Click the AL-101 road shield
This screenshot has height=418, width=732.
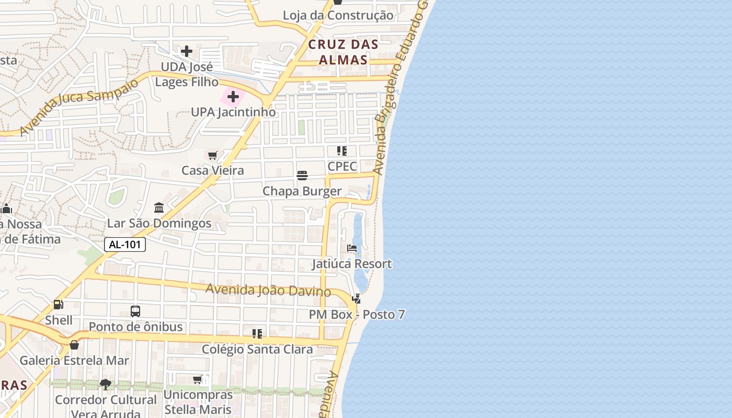125,245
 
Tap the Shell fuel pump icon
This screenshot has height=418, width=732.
59,304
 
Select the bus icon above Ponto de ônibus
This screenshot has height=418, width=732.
135,311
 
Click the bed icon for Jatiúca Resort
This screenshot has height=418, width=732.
352,248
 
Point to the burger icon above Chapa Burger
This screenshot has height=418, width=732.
302,176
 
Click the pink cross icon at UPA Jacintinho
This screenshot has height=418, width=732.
233,97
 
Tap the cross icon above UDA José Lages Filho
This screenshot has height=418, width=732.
187,51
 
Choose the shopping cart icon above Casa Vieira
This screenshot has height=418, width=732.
212,155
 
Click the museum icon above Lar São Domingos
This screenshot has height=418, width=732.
159,208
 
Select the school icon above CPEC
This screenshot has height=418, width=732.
342,151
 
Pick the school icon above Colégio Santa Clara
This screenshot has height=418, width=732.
257,333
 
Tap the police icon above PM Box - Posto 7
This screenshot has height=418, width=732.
357,299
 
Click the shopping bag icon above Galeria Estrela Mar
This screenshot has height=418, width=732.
74,345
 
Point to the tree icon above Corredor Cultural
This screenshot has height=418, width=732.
106,385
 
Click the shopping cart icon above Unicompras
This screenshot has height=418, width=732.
198,379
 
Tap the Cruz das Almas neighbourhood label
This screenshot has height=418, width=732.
343,52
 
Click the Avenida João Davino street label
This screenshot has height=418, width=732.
268,290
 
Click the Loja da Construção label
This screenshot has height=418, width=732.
338,15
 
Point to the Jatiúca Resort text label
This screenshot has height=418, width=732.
352,263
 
